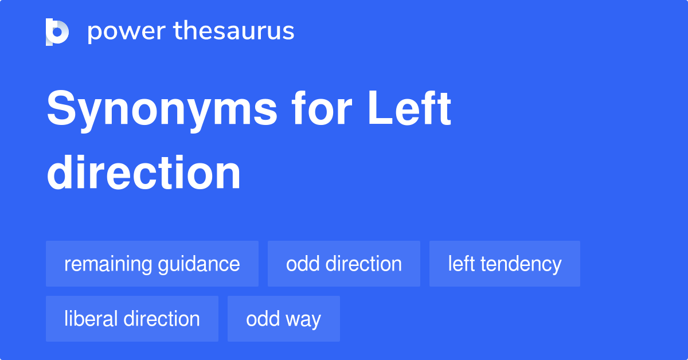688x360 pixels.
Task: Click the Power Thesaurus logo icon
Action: tap(57, 32)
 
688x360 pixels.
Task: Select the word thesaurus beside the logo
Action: tap(234, 32)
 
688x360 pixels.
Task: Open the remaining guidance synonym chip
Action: tap(152, 264)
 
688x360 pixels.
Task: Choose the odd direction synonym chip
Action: tap(344, 264)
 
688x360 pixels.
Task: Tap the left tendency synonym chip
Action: tap(505, 264)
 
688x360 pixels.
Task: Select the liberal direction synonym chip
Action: tap(132, 319)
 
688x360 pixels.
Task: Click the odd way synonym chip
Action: tap(283, 319)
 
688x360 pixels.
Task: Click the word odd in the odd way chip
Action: tap(263, 319)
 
